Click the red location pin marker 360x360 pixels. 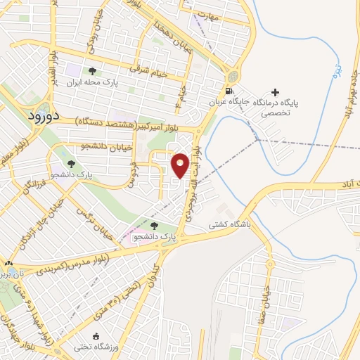(181, 165)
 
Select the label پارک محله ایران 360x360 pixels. (91, 82)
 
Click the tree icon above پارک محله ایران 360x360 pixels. (92, 70)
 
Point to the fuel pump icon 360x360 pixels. (226, 91)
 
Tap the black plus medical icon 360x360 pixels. (275, 92)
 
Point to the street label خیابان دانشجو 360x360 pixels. (84, 146)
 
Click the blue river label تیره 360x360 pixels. (337, 70)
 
